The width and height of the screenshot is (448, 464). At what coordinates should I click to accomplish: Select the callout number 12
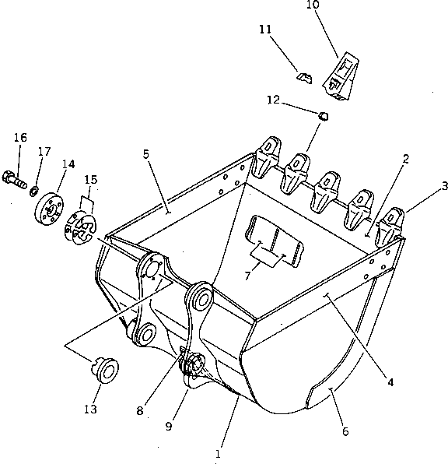pos(272,100)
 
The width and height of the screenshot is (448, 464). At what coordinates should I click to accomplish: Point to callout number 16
pos(20,138)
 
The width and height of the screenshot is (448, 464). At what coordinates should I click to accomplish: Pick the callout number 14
pos(68,164)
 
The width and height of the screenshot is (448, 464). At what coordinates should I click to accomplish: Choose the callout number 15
pos(91,180)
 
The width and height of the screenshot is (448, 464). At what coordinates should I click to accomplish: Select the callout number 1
pos(219,452)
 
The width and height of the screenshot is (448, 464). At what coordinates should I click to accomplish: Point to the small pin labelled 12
pos(325,117)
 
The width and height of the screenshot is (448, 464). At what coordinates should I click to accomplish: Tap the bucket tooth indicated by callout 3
pos(390,226)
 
